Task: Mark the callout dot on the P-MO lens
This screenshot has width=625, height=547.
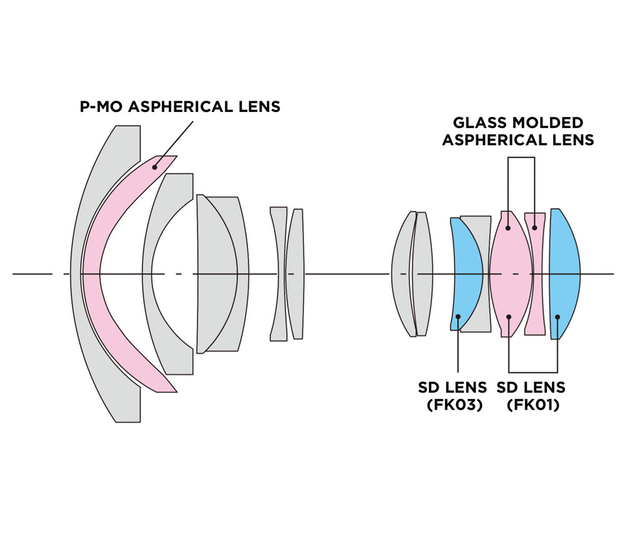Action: tap(154, 166)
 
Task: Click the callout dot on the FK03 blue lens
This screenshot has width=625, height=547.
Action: tap(458, 316)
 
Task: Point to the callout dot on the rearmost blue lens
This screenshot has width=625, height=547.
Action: tap(557, 317)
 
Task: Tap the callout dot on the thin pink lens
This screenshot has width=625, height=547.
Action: tap(535, 228)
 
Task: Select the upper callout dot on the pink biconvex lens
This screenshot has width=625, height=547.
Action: tap(509, 228)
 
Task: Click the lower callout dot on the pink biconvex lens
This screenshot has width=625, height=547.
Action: tap(509, 317)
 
